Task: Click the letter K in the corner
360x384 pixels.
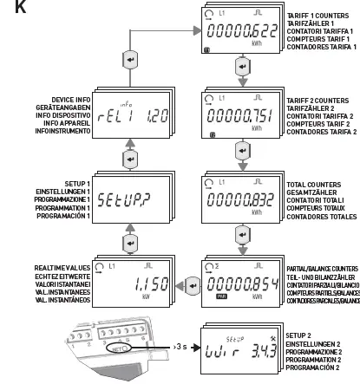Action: click(9, 9)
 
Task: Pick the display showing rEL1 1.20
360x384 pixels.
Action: click(129, 115)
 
